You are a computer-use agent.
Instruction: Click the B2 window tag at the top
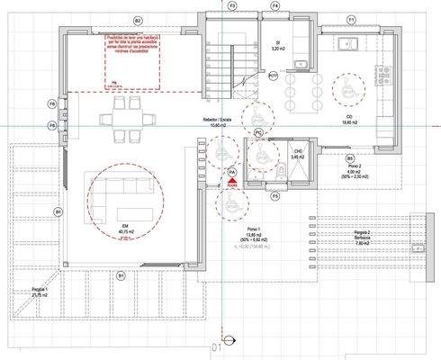137,19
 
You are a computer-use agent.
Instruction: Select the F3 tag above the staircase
231,6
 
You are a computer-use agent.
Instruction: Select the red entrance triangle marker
231,183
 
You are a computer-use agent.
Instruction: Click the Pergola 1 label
39,293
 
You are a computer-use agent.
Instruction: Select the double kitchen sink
303,60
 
